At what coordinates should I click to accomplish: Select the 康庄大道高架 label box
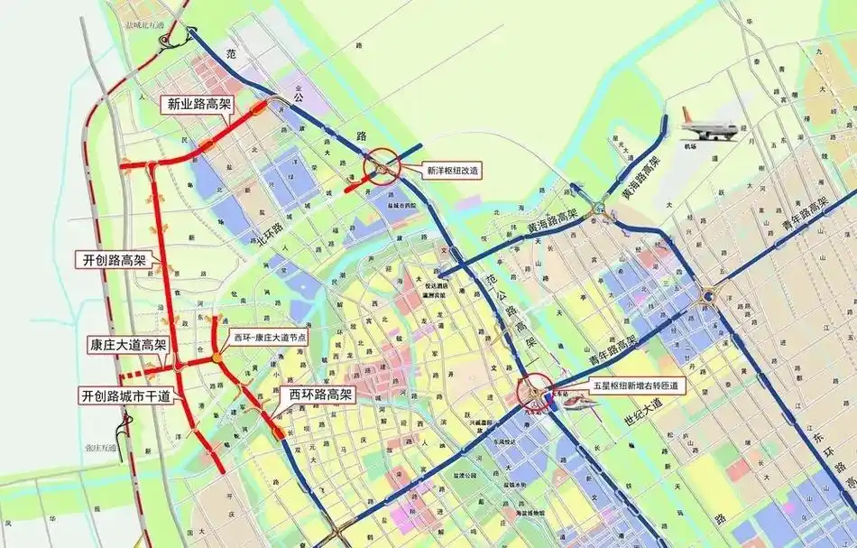[127, 345]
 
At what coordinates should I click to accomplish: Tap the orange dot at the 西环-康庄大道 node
[217, 359]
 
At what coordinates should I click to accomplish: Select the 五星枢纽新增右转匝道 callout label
[635, 385]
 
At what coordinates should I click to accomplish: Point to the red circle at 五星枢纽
[539, 395]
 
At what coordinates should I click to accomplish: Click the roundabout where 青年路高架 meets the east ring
[709, 294]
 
